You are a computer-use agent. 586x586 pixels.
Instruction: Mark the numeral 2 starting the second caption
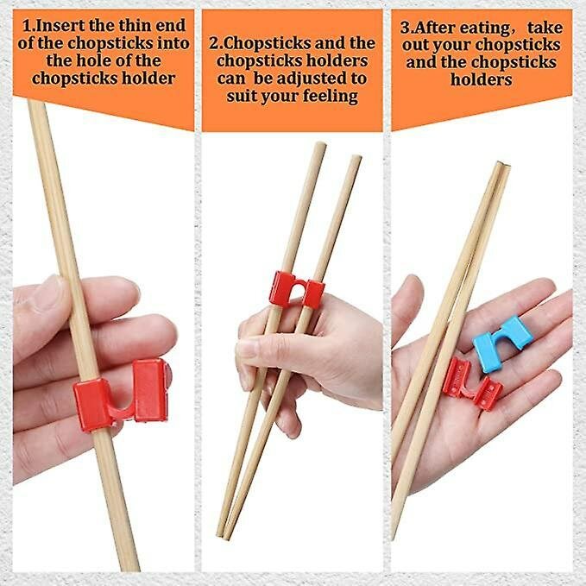click(x=212, y=42)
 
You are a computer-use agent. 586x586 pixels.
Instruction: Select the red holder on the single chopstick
click(x=125, y=393)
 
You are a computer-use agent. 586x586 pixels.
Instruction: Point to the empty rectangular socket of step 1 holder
click(x=150, y=389)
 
